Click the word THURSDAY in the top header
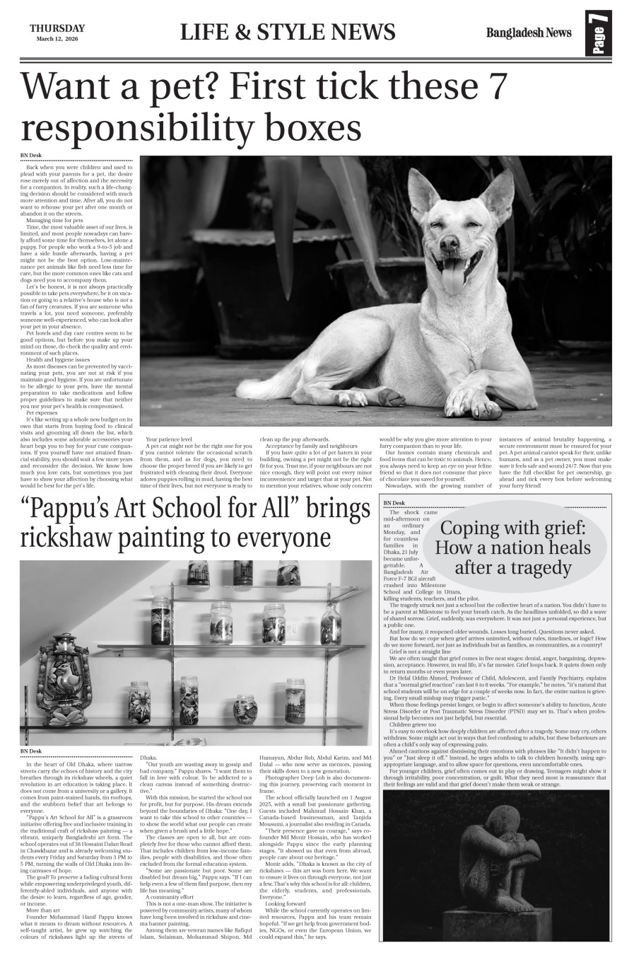coord(57,28)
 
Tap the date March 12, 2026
coord(57,39)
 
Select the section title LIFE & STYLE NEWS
coord(288,33)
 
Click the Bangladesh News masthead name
coord(518,33)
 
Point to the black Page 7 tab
coord(599,34)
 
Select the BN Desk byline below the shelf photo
coord(31,751)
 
